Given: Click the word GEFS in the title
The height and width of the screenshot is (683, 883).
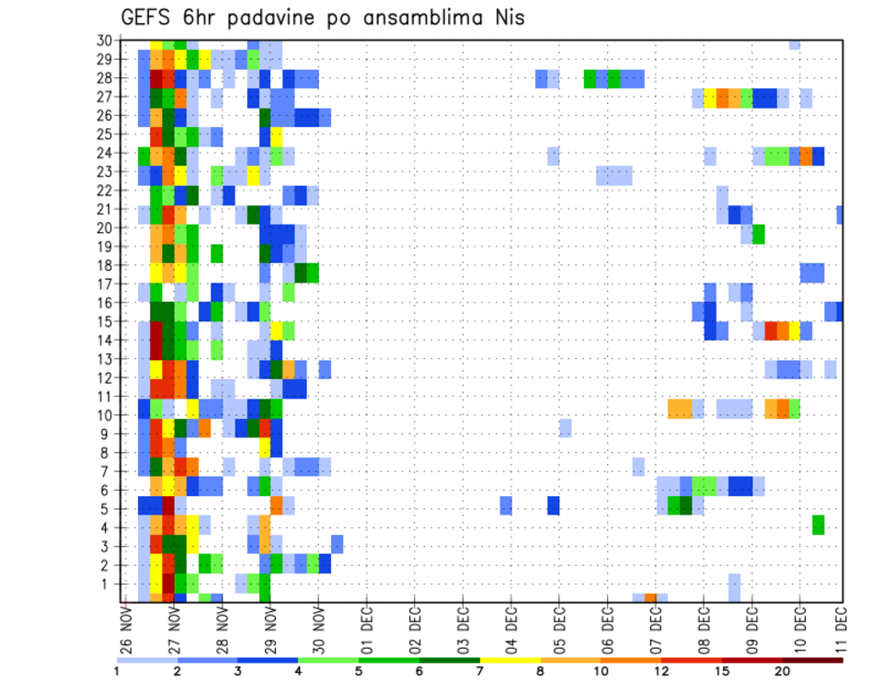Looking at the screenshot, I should coord(150,17).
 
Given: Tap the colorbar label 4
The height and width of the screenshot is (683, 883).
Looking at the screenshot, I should coord(298,671).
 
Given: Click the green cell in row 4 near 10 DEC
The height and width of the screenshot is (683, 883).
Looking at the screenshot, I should coord(818,525).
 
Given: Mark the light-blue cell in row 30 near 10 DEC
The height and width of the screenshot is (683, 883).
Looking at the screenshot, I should coord(795,44).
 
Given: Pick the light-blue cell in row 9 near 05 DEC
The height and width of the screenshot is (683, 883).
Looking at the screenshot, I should coord(565,428).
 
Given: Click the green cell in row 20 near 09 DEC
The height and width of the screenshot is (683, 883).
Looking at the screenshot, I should coord(759,235).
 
